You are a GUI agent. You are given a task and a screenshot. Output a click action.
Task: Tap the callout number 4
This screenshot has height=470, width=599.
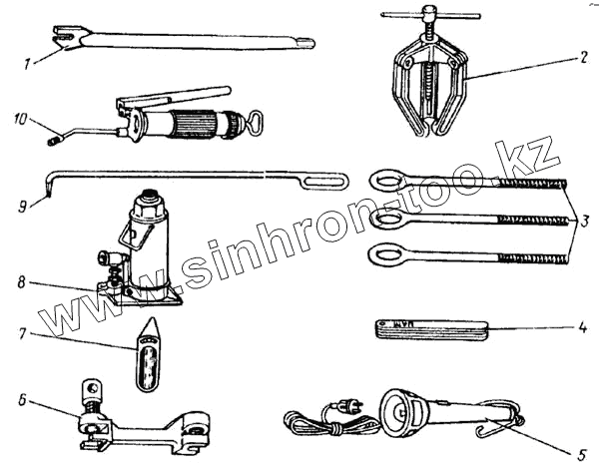(x=582, y=326)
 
